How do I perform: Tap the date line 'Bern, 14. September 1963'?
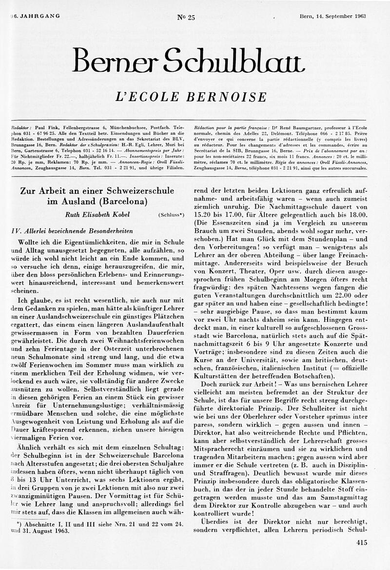pyautogui.click(x=333, y=16)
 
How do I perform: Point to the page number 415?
pyautogui.click(x=362, y=542)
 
